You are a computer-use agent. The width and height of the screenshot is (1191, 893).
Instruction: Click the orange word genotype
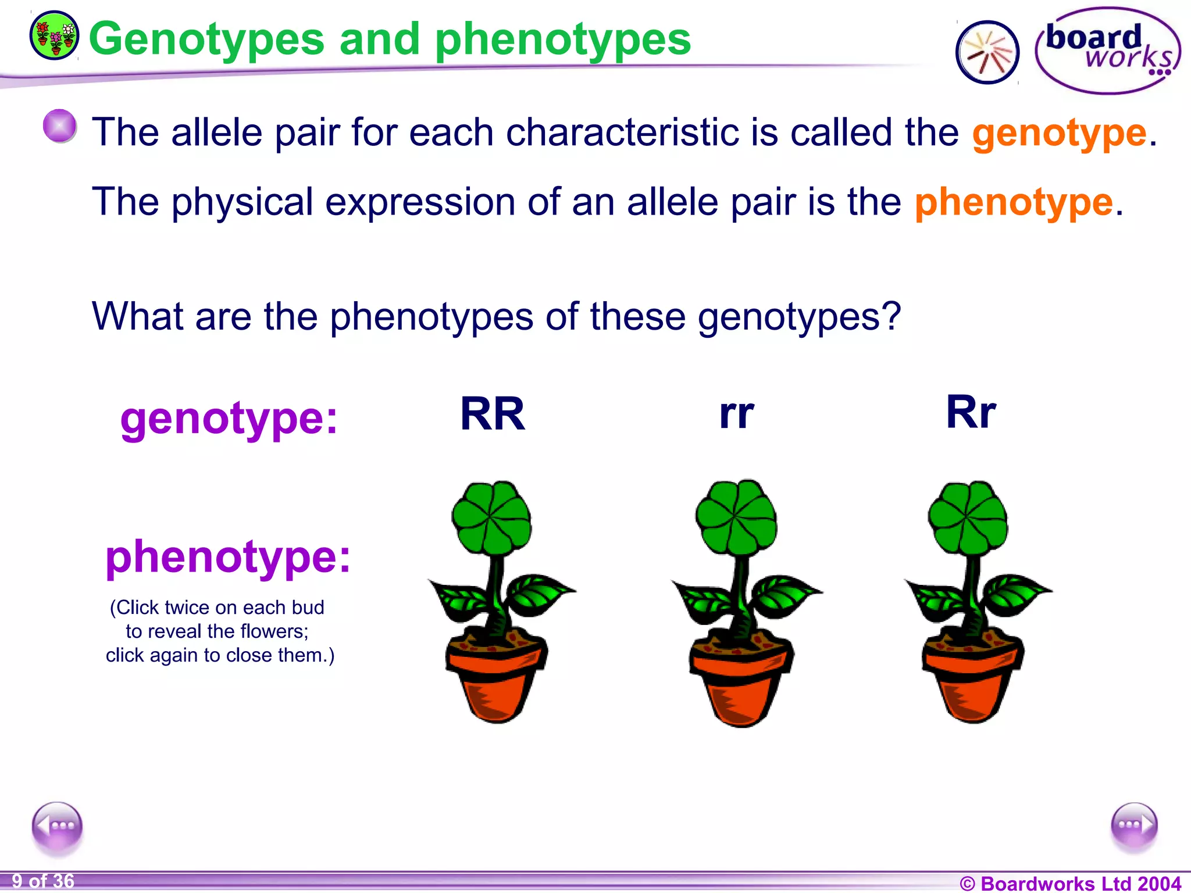coord(1059,133)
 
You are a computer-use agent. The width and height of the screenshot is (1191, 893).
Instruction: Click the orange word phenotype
coord(1014,202)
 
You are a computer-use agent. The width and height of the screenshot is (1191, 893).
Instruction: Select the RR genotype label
coord(493,414)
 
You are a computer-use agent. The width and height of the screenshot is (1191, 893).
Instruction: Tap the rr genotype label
coord(736,414)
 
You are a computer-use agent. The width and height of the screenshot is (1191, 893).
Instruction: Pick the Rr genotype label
coord(971,412)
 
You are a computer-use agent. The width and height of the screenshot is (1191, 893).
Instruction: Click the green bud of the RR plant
coord(492,517)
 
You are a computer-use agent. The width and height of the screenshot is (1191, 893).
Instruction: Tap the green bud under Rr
coord(968,517)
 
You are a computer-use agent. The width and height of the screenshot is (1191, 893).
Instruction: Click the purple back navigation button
coord(57,826)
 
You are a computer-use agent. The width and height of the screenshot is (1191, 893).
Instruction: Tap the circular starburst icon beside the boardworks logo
coord(987,52)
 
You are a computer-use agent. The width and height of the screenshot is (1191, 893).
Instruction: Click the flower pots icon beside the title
coord(54,35)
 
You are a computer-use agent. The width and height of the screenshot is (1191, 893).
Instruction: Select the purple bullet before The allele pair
coord(59,126)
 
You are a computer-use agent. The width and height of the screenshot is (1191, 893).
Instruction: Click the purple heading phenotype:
coord(228,557)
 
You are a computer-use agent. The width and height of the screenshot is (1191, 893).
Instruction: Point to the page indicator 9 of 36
coord(43,881)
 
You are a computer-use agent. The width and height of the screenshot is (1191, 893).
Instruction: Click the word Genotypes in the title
coord(206,39)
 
